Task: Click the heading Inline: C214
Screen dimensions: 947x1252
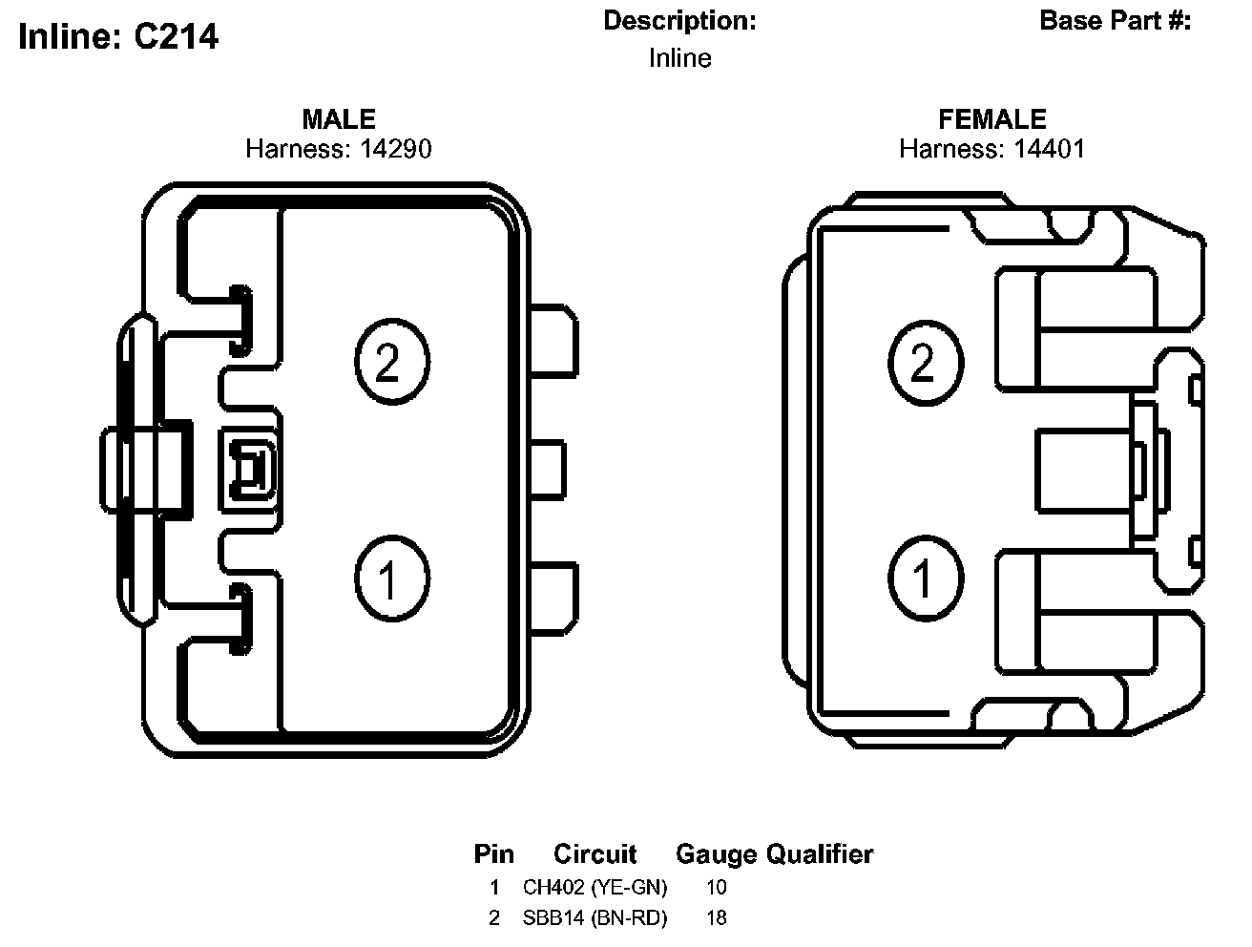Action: tap(118, 36)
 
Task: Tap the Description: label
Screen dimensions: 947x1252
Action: tap(679, 21)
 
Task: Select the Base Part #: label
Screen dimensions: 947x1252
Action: tap(1115, 21)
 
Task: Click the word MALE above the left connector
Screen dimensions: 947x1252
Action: tap(339, 119)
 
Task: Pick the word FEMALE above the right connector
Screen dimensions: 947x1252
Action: tap(992, 119)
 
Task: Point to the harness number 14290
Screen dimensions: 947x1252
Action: tap(395, 149)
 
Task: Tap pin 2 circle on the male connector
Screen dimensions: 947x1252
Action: tap(391, 362)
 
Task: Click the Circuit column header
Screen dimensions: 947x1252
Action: tap(595, 854)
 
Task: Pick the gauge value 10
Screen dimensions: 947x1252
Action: tap(716, 887)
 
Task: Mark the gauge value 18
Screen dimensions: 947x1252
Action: tap(716, 918)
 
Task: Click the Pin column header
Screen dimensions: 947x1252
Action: tap(493, 854)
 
